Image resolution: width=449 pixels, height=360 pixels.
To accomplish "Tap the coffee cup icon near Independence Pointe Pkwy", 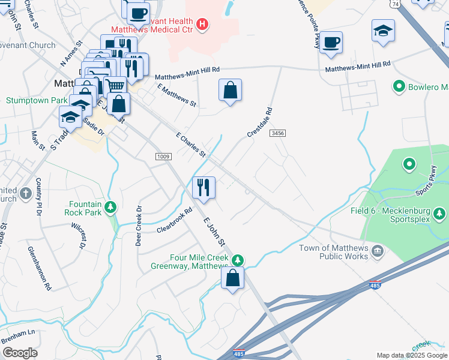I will (x=331, y=43).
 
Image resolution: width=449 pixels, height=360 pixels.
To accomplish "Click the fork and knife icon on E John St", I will (x=204, y=187).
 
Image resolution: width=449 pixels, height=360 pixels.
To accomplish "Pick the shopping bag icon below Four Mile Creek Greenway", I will (x=233, y=278).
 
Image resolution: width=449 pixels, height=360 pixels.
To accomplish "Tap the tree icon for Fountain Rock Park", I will (x=110, y=208).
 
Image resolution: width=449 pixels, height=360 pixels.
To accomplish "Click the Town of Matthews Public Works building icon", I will (x=378, y=250).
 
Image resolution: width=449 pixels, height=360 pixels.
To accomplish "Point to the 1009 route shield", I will (x=164, y=157).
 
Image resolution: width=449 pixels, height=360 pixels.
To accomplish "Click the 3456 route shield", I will (x=277, y=133).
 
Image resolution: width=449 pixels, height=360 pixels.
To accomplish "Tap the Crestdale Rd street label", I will (x=260, y=122).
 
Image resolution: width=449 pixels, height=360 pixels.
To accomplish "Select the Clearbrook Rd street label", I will (x=174, y=220).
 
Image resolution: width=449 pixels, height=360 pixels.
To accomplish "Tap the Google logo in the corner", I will (x=20, y=353).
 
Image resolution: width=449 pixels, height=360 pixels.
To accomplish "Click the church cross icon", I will (x=25, y=193).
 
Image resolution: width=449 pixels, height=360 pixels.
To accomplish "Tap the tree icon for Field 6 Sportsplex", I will (x=439, y=213).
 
